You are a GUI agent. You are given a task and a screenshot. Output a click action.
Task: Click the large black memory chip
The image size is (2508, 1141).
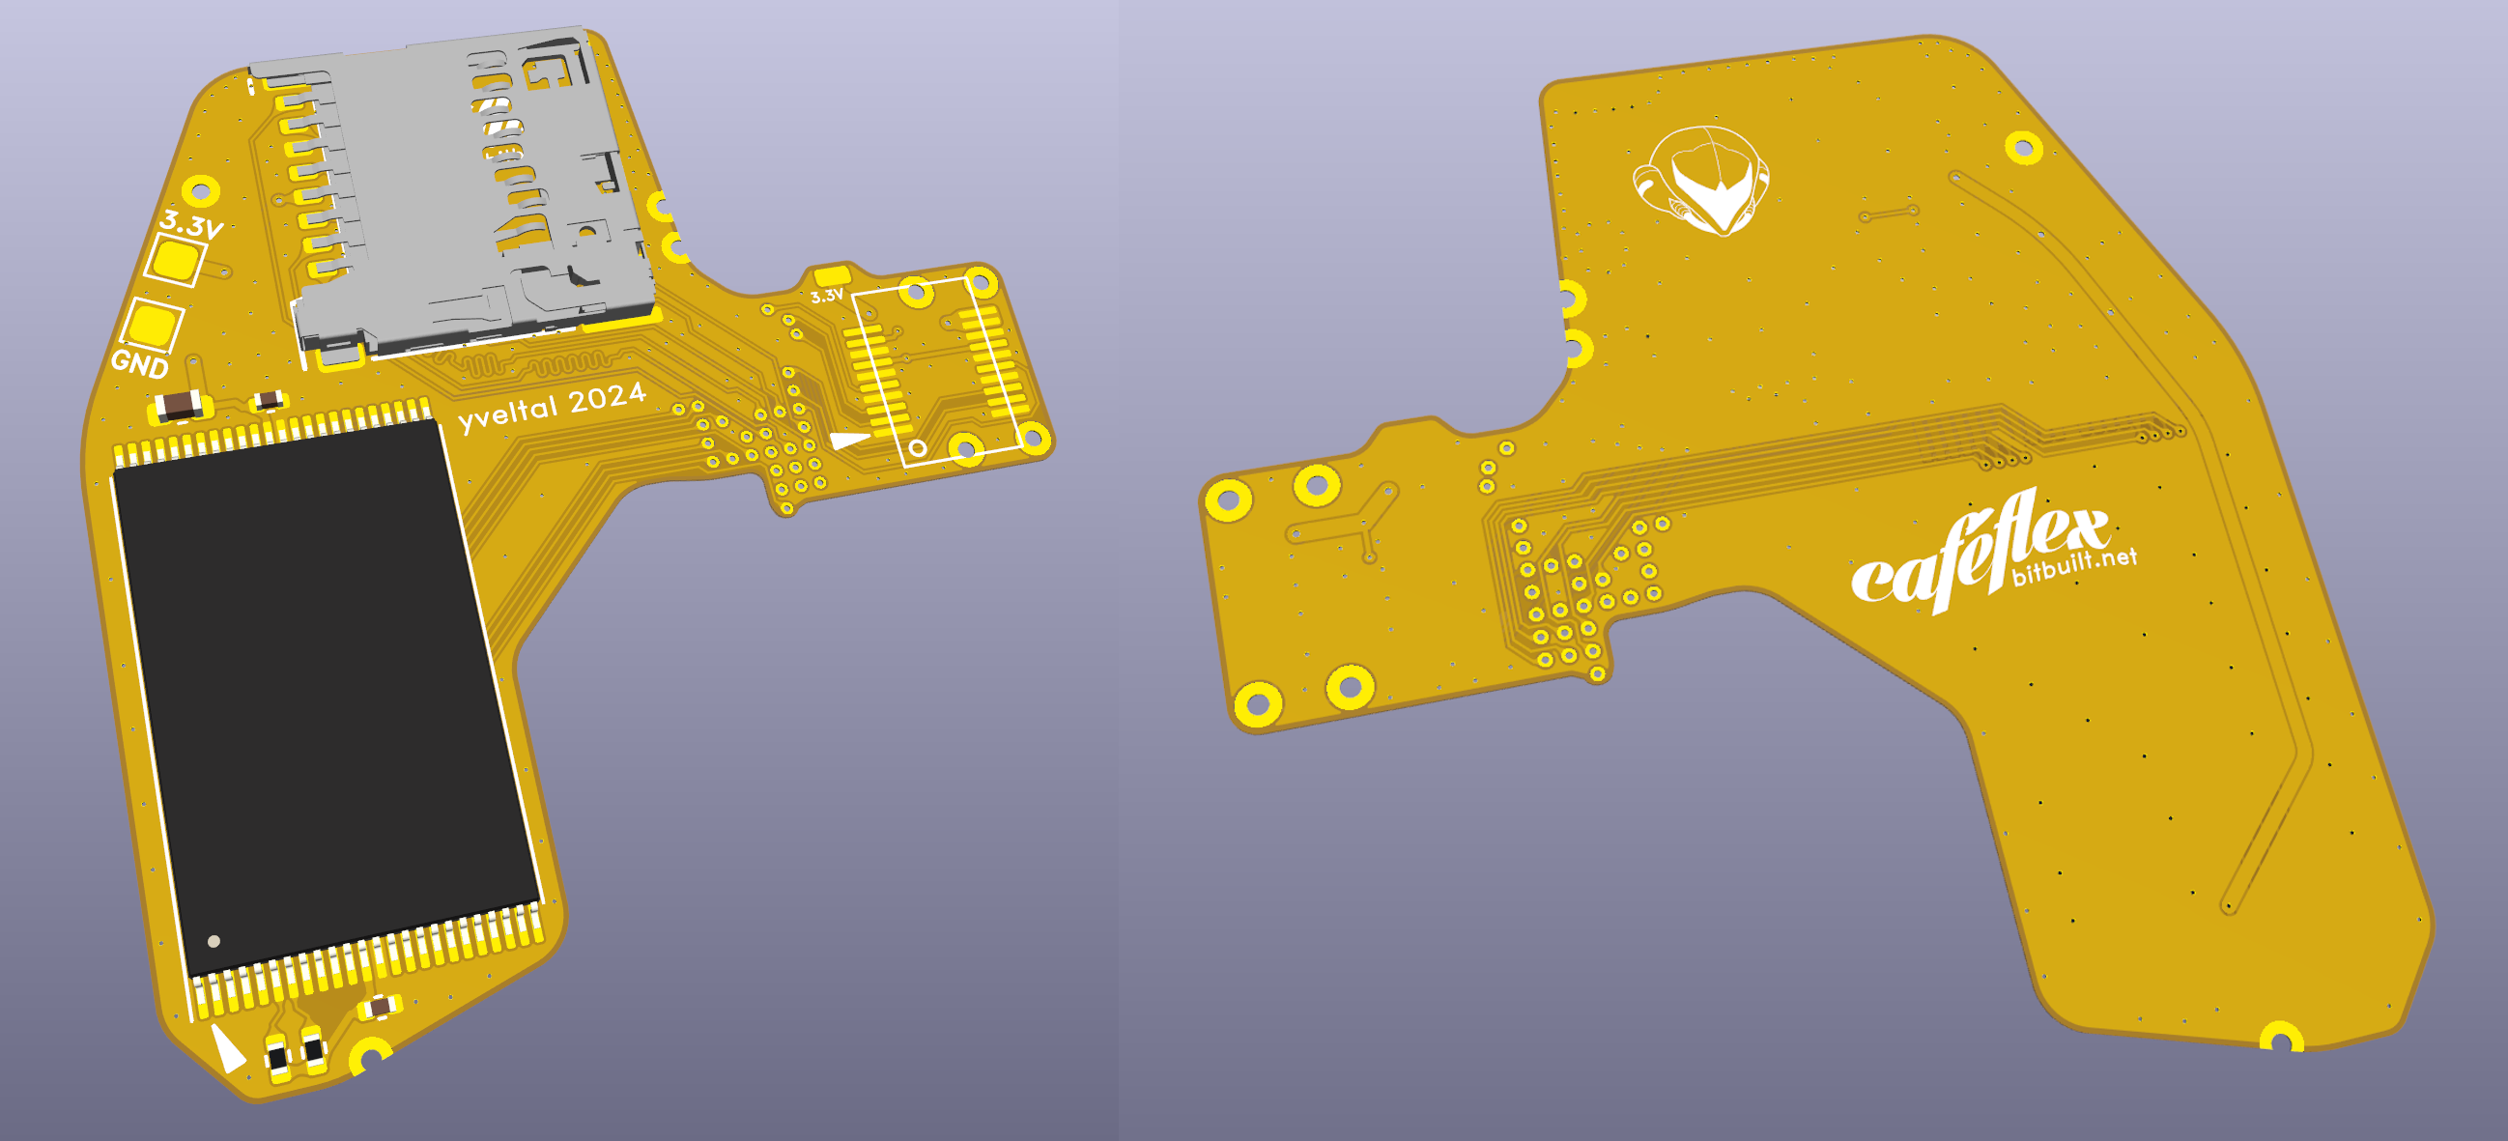pyautogui.click(x=327, y=696)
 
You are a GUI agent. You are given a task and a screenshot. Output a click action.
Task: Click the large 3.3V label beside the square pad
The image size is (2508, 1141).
pyautogui.click(x=192, y=225)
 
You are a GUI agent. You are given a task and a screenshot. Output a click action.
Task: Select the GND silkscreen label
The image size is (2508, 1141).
pyautogui.click(x=140, y=363)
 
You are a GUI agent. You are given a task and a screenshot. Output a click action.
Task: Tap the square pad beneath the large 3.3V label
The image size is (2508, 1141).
pyautogui.click(x=176, y=260)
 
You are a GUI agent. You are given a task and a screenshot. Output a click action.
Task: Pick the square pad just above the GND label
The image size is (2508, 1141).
pyautogui.click(x=153, y=326)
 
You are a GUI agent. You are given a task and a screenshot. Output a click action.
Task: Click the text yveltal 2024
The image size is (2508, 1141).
pyautogui.click(x=552, y=406)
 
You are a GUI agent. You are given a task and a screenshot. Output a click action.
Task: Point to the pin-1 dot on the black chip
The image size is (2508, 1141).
pyautogui.click(x=214, y=940)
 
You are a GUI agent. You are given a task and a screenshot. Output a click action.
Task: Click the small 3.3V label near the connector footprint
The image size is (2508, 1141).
pyautogui.click(x=827, y=295)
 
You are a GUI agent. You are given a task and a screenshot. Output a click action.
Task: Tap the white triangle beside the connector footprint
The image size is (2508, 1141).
pyautogui.click(x=848, y=440)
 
